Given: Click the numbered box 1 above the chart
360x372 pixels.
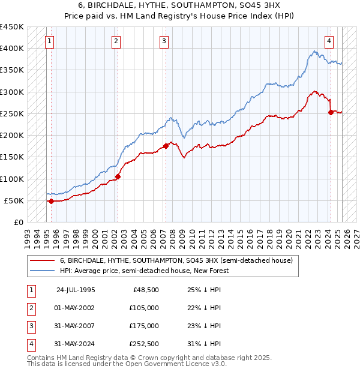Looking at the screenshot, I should pos(49,41).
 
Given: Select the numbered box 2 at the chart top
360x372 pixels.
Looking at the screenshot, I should pos(116,41).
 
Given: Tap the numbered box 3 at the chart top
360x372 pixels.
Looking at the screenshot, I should pos(164,41).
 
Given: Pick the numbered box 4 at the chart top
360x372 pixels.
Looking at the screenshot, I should pos(329,41).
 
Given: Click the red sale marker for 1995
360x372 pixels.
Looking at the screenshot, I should pos(51,201).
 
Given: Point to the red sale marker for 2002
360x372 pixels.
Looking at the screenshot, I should pos(118,176).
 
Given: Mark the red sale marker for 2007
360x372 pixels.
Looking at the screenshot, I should pos(166,146).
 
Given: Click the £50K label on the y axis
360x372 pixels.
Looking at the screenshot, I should pos(14,200).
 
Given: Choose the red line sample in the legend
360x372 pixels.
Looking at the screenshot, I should pos(42,261).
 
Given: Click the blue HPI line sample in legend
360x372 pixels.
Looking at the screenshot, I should pos(42,271).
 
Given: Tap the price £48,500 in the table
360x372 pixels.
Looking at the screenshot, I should pos(146,290).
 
